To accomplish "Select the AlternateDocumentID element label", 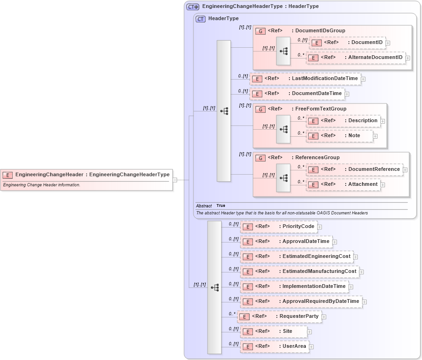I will click(375, 58).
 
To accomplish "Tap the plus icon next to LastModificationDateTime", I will click(363, 79).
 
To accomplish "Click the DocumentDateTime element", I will click(298, 94).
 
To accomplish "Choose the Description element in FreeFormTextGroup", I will click(345, 121).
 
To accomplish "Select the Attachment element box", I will click(343, 184).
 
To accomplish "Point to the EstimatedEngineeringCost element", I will click(297, 257).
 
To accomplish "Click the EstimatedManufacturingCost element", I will click(300, 272).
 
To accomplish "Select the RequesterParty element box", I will click(280, 316).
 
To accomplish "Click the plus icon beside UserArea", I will click(311, 347).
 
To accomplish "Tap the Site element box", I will click(274, 331).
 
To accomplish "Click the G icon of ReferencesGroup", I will click(260, 158).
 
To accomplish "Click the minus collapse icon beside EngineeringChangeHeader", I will click(175, 179).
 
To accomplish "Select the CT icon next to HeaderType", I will click(200, 19).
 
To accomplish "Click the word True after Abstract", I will click(221, 206).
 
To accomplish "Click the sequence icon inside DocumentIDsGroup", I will click(283, 51).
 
